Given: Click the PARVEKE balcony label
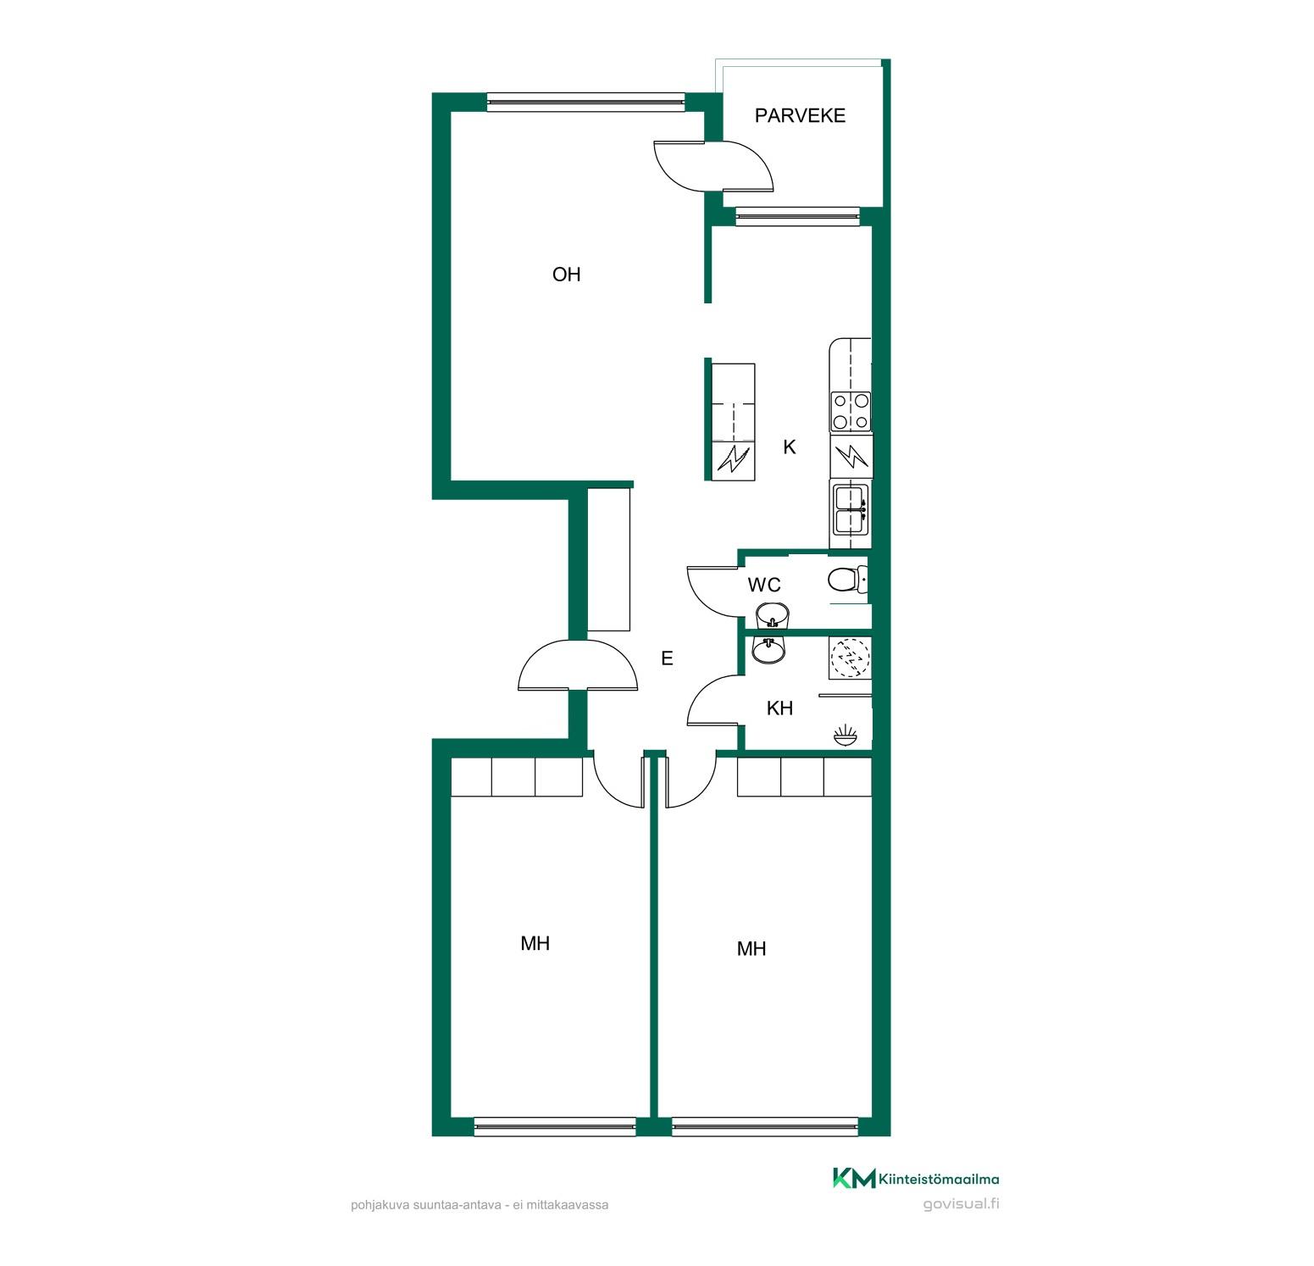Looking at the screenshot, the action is point(800,115).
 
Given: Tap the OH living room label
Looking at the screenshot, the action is point(566,275).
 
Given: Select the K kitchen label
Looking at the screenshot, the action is point(790,447).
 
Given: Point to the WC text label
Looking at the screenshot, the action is point(763,585).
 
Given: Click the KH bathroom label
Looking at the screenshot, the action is point(779,708).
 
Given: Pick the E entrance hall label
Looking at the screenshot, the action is point(667,658).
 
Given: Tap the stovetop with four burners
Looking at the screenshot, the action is point(850,411).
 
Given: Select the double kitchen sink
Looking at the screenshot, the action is point(850,508).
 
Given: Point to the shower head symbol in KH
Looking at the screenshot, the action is point(846,734).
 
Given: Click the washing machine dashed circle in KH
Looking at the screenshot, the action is point(848,657).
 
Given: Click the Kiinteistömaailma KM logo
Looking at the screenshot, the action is point(916,1179).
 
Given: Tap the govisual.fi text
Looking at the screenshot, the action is point(961,1204).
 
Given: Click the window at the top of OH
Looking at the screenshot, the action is point(585,102).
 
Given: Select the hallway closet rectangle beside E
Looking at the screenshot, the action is point(609,559).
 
